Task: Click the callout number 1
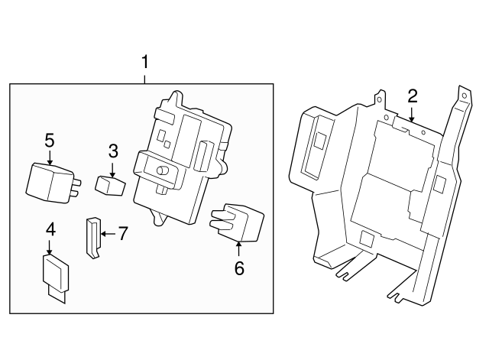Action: pos(144,62)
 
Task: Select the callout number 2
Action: pos(412,96)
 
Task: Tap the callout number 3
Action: pos(112,150)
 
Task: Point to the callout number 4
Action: pos(50,229)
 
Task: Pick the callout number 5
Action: pos(50,140)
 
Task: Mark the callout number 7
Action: pos(121,232)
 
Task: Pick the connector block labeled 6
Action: pos(236,222)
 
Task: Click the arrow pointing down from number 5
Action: pos(50,158)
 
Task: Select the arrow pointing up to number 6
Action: pos(238,248)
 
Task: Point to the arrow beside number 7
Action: pos(106,232)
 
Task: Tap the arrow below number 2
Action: pos(411,115)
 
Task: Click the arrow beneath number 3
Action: pos(112,168)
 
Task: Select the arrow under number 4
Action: pos(50,247)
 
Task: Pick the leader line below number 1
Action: pos(144,77)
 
